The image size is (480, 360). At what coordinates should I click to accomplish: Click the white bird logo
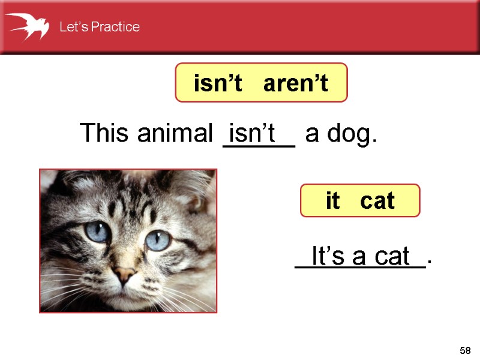(28, 26)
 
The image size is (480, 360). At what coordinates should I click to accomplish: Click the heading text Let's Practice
(99, 27)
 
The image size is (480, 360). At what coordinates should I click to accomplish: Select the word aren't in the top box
(296, 84)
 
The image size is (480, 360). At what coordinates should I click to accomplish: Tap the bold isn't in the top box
(217, 84)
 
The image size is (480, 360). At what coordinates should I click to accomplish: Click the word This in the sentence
(106, 133)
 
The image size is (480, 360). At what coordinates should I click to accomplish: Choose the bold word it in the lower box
(332, 200)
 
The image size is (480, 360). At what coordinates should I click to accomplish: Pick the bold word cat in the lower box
(377, 200)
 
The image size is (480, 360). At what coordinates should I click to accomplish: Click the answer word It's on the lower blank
(329, 256)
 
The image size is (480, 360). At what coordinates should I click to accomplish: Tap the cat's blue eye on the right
(157, 240)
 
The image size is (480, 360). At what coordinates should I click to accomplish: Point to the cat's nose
(125, 275)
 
